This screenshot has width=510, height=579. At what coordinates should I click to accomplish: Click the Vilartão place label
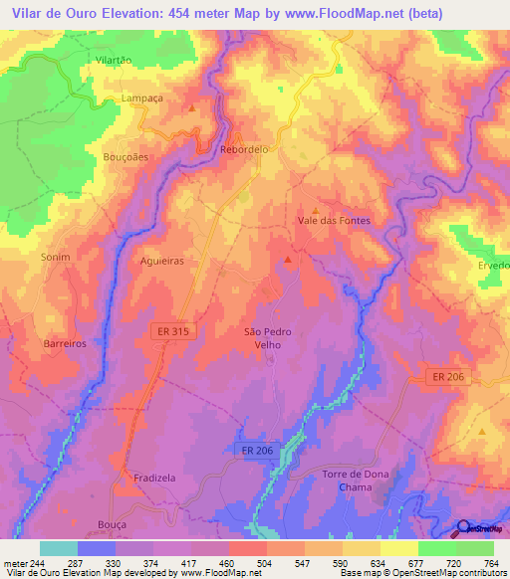click(113, 61)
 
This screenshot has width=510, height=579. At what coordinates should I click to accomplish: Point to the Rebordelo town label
click(244, 149)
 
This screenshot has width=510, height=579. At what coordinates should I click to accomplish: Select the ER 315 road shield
click(172, 331)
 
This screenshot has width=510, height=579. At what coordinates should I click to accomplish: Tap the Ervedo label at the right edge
click(494, 266)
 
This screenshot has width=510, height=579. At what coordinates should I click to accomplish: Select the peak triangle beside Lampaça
click(192, 105)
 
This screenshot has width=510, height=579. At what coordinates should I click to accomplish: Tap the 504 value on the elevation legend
click(266, 562)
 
